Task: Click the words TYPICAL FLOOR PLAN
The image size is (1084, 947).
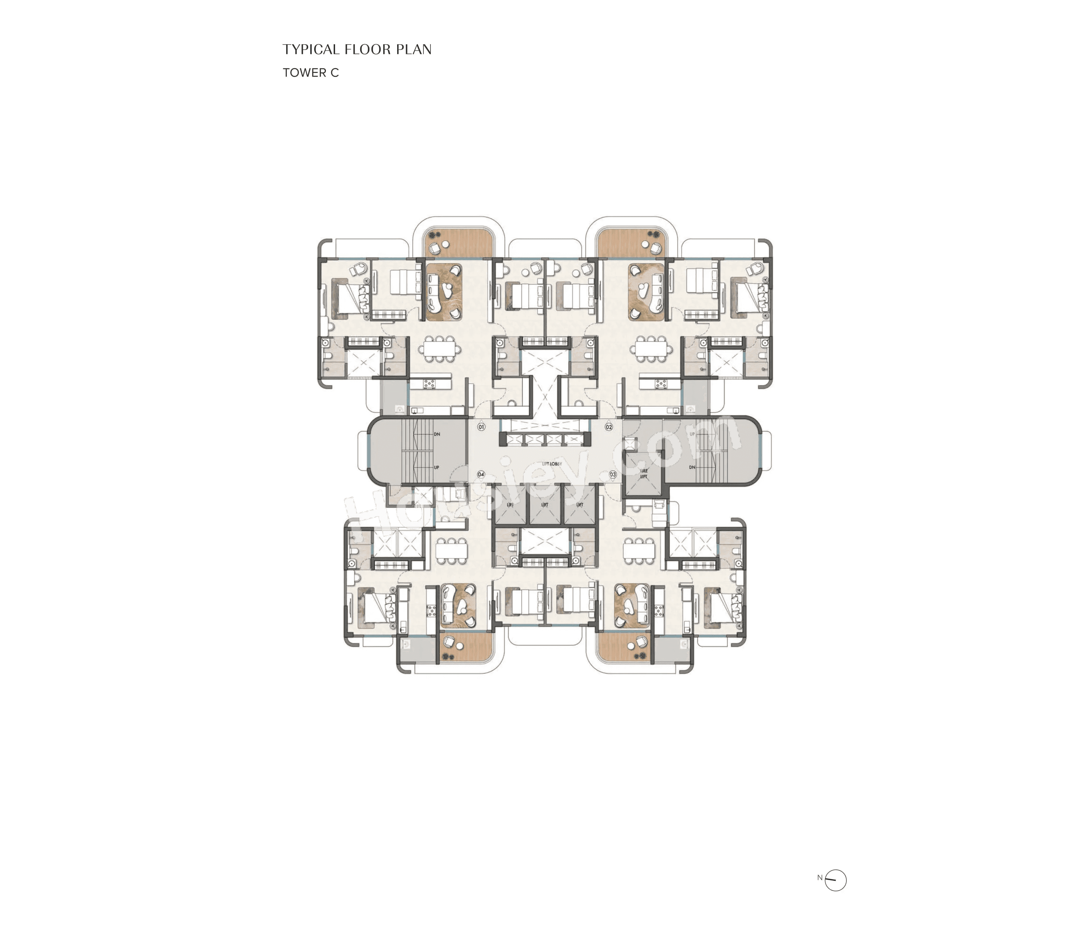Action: point(357,50)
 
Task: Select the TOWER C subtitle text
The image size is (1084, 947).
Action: point(310,73)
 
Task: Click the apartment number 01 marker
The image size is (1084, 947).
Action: point(481,427)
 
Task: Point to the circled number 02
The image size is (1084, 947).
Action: point(608,427)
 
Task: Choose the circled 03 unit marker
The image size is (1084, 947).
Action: point(613,474)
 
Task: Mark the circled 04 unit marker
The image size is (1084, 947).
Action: point(481,474)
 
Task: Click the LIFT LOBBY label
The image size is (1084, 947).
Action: point(551,463)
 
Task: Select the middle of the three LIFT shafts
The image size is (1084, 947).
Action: point(545,505)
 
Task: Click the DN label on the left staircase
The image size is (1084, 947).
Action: point(437,434)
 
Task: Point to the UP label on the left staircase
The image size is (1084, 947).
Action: point(437,468)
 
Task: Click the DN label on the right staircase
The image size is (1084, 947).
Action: point(692,468)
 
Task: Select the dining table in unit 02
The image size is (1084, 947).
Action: point(651,349)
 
